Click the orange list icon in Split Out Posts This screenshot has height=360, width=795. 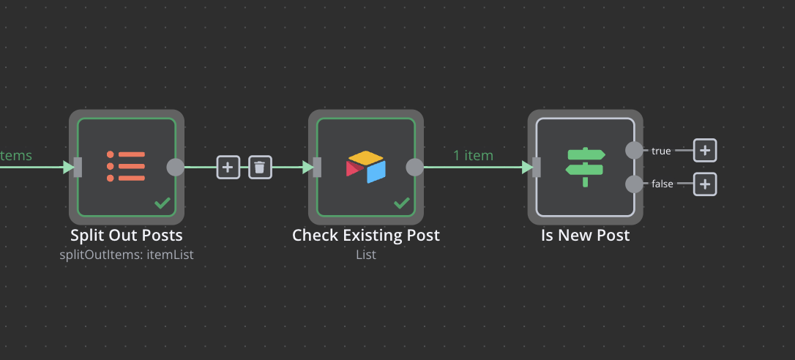click(x=126, y=166)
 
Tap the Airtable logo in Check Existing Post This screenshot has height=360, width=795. click(x=365, y=167)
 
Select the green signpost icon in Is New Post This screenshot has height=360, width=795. click(x=585, y=167)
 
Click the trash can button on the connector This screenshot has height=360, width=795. click(x=260, y=167)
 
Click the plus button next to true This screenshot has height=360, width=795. click(x=705, y=150)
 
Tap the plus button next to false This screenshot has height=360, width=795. click(x=705, y=184)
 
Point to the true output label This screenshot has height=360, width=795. click(x=661, y=151)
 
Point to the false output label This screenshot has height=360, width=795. click(x=662, y=184)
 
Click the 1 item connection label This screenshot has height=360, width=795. click(x=473, y=155)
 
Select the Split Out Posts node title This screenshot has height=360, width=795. click(x=126, y=236)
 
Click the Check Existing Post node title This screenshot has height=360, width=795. click(x=366, y=236)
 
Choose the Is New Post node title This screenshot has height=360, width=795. click(x=585, y=236)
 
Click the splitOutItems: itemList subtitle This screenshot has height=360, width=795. click(x=126, y=255)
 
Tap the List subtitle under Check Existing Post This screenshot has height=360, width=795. click(x=366, y=255)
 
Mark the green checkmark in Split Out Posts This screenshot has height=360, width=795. click(x=163, y=203)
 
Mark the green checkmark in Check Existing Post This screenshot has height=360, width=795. click(x=402, y=203)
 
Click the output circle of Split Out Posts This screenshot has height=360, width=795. click(x=176, y=167)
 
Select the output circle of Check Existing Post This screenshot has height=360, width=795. click(x=415, y=167)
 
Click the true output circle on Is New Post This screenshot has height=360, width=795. click(x=634, y=150)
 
